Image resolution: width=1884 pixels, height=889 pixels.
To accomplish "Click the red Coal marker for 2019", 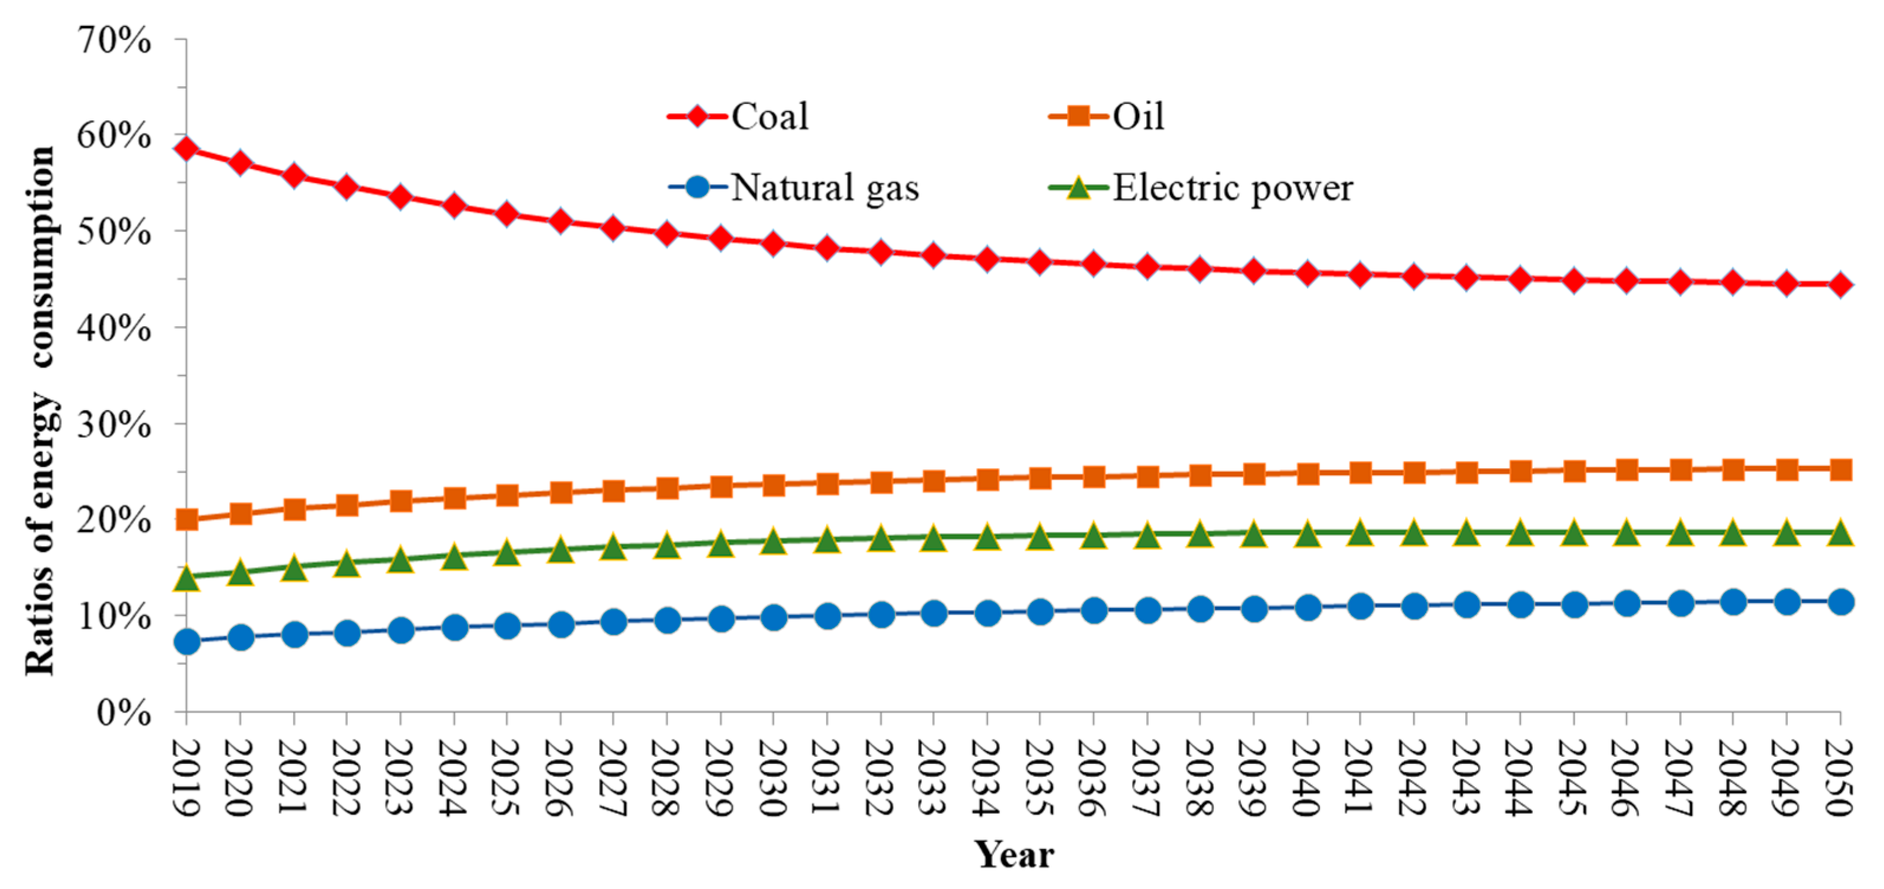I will tap(187, 148).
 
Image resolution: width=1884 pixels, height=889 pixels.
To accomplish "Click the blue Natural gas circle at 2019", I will tap(187, 642).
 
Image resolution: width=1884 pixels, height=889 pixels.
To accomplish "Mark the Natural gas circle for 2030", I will tap(774, 618).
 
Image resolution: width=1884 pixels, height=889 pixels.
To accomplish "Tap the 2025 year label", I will tap(507, 778).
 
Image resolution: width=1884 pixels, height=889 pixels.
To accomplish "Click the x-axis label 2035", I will tap(1041, 778).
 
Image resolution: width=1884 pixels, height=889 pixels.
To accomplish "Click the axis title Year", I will tap(1013, 854).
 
